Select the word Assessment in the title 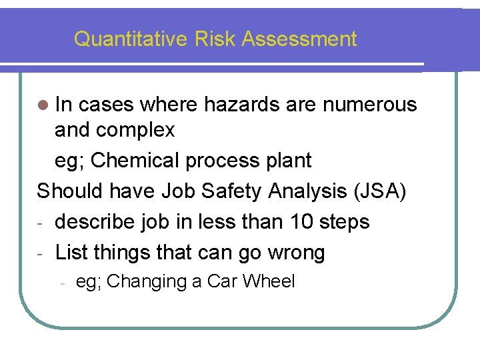(299, 39)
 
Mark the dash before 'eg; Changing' (61, 283)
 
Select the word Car (222, 281)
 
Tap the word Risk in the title (215, 39)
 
